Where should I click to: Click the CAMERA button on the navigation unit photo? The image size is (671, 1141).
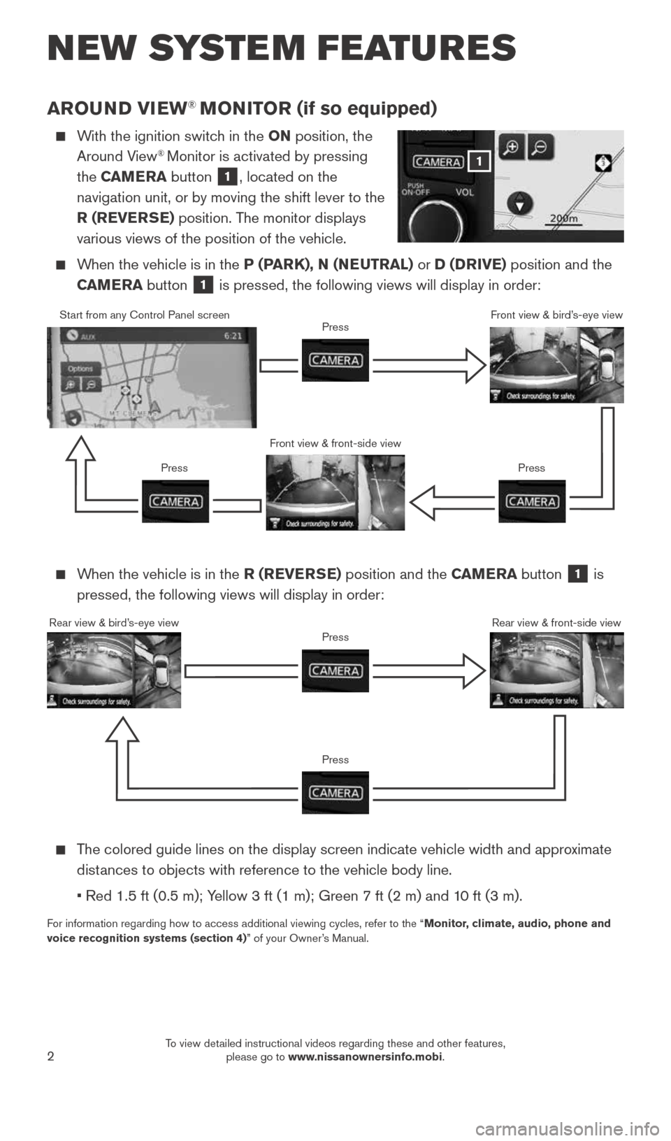coord(438,162)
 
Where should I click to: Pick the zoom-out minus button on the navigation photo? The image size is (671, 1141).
coord(540,148)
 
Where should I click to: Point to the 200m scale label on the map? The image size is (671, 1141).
coord(563,218)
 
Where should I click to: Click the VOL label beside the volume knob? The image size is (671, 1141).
coord(465,192)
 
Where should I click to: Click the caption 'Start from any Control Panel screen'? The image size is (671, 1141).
coord(144,315)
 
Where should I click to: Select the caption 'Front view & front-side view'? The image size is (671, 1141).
coord(335,443)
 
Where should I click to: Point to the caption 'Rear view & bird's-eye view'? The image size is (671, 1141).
coord(114,623)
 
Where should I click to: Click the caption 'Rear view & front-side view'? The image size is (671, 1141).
coord(556,623)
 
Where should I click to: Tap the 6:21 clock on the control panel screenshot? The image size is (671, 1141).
coord(233,336)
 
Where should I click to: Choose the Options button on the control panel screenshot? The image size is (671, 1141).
coord(80,368)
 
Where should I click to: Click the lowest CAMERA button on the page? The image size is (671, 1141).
coord(335,793)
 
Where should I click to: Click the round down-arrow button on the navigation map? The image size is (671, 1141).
coord(519,204)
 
